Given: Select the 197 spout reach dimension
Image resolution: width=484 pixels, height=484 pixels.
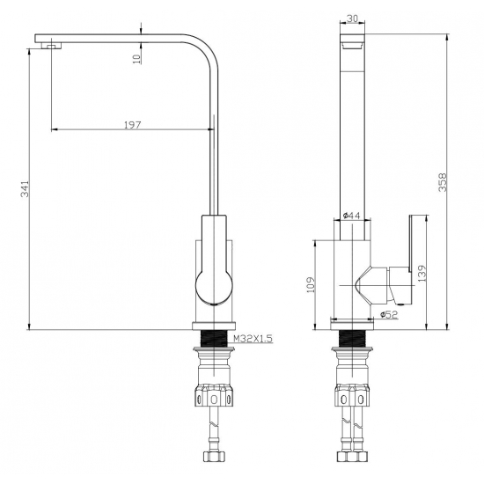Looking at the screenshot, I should tap(132, 124).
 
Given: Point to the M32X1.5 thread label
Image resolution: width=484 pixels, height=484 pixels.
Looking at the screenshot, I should tap(251, 338).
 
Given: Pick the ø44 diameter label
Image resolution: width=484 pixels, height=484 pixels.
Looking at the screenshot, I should tap(350, 216).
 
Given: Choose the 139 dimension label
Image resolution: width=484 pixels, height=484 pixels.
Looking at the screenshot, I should tap(422, 275).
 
